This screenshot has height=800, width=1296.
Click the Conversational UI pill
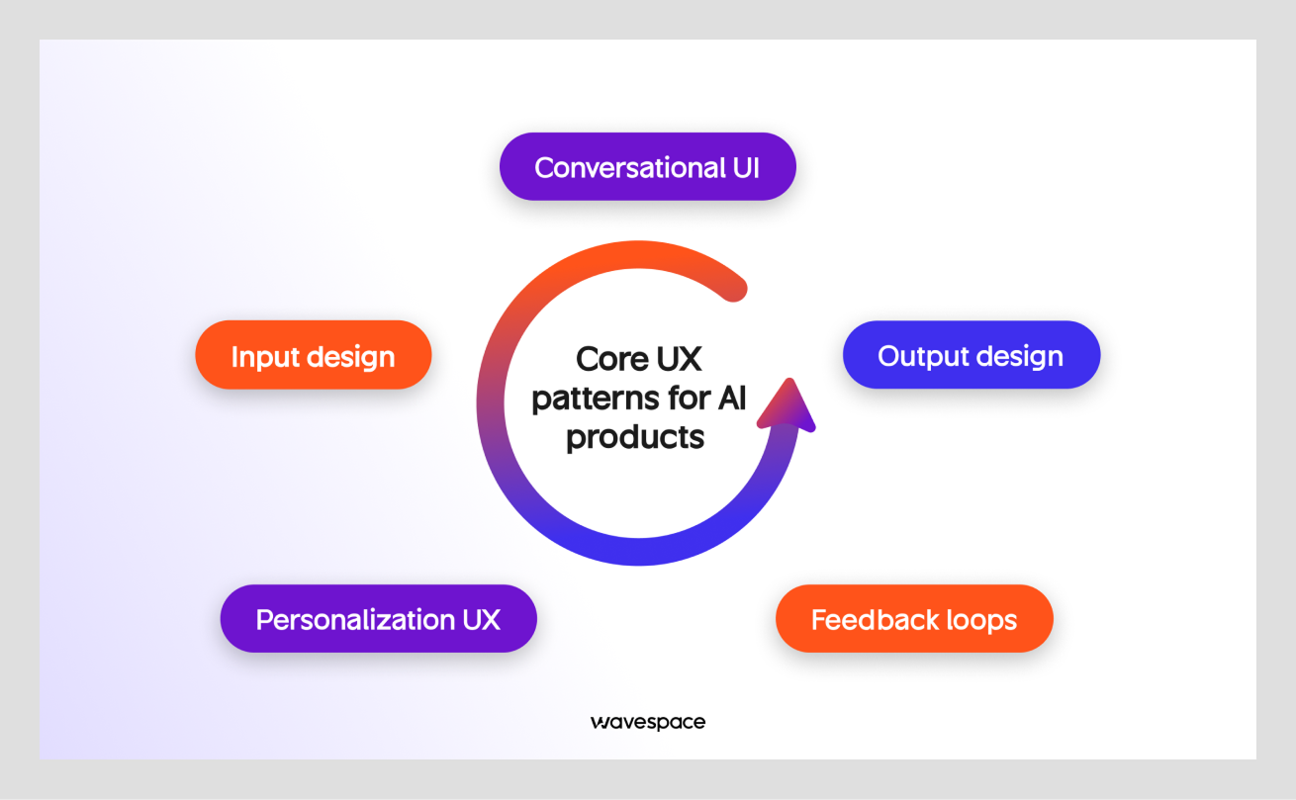pyautogui.click(x=647, y=167)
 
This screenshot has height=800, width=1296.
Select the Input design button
pyautogui.click(x=313, y=356)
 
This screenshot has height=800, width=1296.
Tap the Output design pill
pyautogui.click(x=971, y=356)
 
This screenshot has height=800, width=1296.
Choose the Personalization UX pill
pyautogui.click(x=378, y=620)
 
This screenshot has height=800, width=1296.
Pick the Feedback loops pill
pyautogui.click(x=914, y=620)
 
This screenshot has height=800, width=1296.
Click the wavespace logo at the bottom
pyautogui.click(x=647, y=722)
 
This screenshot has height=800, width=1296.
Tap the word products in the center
pyautogui.click(x=635, y=436)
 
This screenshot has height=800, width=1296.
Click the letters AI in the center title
pyautogui.click(x=729, y=398)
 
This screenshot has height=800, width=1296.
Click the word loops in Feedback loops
pyautogui.click(x=979, y=620)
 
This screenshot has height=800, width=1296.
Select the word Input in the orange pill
pyautogui.click(x=263, y=356)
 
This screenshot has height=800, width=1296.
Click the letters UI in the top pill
pyautogui.click(x=746, y=167)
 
